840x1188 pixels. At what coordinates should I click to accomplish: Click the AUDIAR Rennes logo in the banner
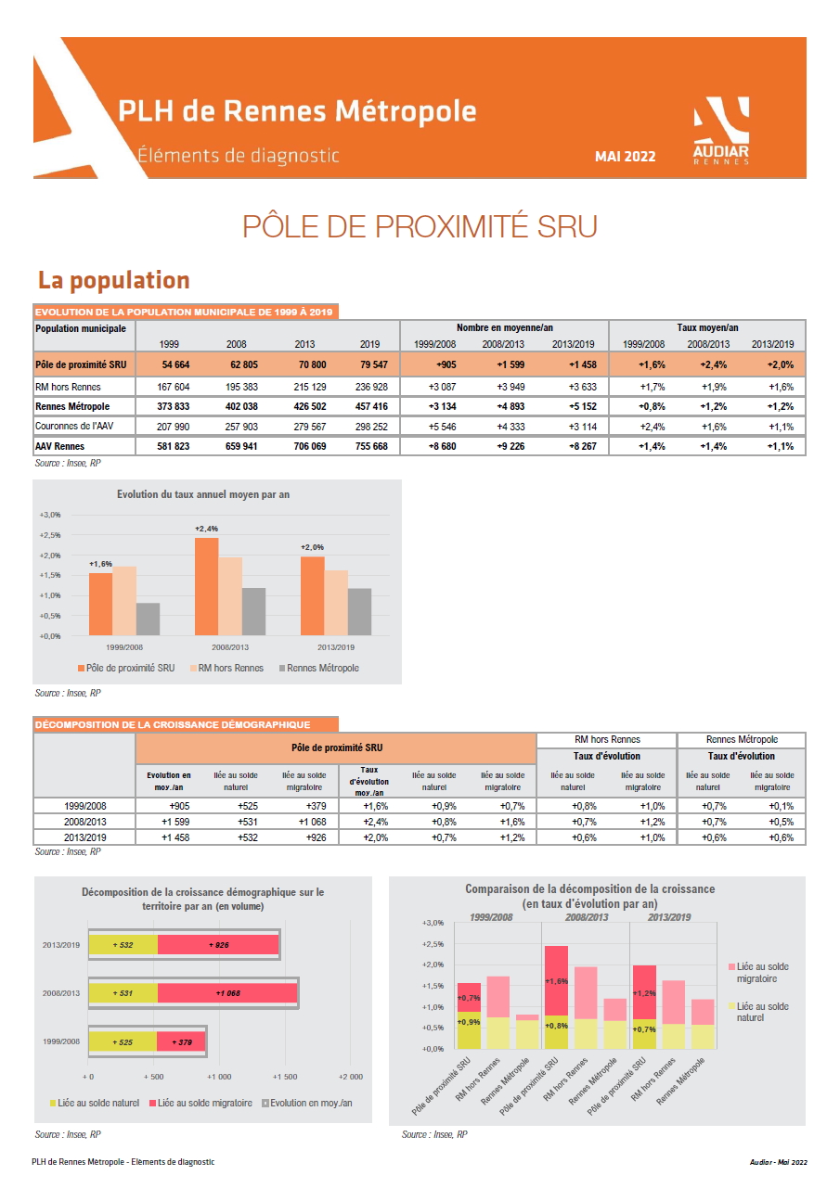(x=721, y=131)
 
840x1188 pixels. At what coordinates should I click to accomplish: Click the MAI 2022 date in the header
(x=625, y=157)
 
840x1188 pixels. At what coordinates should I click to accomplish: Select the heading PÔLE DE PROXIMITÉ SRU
(x=420, y=226)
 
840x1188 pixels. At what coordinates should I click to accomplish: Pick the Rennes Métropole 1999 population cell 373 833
(x=173, y=407)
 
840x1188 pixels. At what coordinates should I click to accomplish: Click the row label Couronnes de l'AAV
(x=74, y=426)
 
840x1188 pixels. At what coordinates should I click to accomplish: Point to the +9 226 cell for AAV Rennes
(x=510, y=447)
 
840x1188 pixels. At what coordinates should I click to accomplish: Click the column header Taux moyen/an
(x=707, y=327)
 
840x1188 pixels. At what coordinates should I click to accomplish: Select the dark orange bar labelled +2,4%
(x=206, y=586)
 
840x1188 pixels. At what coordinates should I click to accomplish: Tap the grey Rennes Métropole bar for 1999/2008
(x=149, y=619)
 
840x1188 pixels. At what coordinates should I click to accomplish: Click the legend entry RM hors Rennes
(x=226, y=669)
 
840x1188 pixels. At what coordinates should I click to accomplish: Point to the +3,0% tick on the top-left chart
(x=50, y=515)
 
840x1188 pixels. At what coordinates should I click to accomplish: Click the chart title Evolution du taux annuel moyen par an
(x=203, y=494)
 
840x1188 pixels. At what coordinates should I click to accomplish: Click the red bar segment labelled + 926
(x=218, y=945)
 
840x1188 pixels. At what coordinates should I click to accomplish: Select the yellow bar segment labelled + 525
(x=123, y=1041)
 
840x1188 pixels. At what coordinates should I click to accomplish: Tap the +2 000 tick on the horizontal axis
(x=351, y=1077)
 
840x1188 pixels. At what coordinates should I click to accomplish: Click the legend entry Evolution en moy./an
(x=307, y=1104)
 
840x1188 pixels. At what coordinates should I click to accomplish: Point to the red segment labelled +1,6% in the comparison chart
(x=556, y=980)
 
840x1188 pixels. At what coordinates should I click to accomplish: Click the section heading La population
(x=113, y=280)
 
